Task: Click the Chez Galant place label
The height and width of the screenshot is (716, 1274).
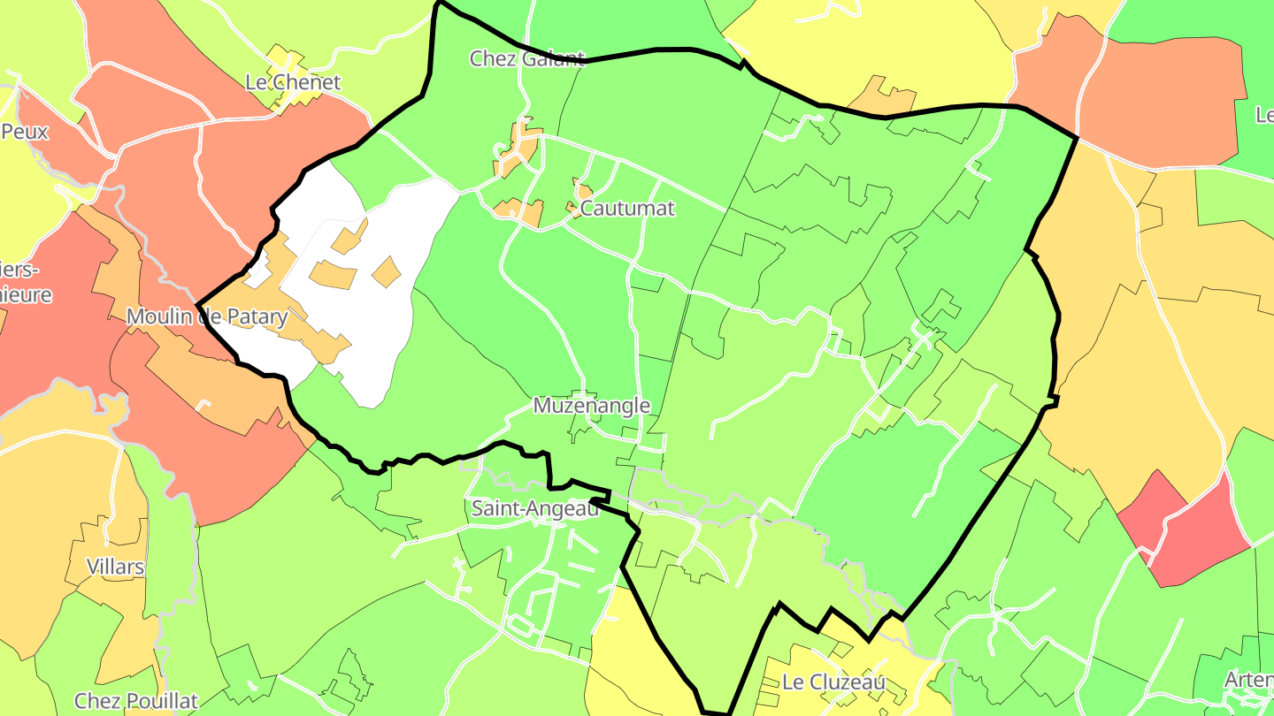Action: (x=527, y=59)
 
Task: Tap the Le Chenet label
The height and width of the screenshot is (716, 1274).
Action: (x=293, y=82)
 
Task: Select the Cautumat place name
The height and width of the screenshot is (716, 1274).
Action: (x=627, y=209)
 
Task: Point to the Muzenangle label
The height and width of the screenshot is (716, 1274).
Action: (x=592, y=406)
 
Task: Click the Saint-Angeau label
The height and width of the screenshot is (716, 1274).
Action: (x=534, y=509)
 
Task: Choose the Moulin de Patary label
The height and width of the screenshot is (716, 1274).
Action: (x=207, y=316)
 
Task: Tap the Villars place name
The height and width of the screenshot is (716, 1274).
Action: (x=115, y=567)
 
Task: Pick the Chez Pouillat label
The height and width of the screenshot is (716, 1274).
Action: (x=136, y=701)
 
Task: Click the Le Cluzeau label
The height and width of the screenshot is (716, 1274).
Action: (x=833, y=682)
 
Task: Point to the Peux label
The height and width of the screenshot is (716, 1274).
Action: (x=25, y=132)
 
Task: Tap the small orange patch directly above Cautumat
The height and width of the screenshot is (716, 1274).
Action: (x=582, y=191)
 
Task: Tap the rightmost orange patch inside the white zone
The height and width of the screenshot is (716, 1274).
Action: (x=387, y=271)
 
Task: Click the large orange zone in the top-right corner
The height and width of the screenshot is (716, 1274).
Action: (x=1159, y=97)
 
